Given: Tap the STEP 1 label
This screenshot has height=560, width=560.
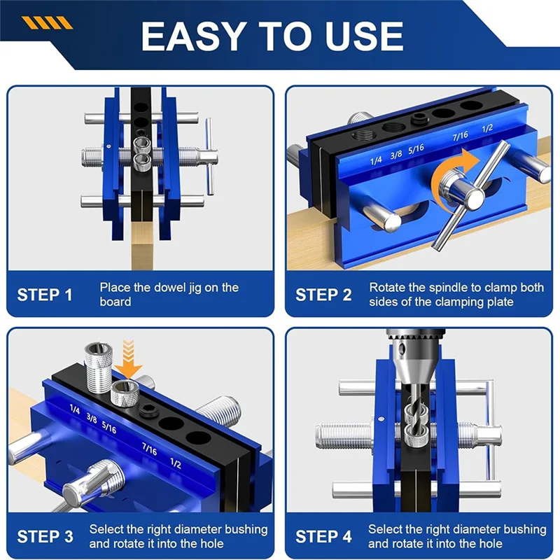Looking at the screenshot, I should (x=45, y=295).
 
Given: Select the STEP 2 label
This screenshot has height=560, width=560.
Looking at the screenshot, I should (x=323, y=295).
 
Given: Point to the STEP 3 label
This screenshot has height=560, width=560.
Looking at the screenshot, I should (x=45, y=537).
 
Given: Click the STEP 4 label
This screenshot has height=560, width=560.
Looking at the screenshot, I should (x=323, y=537).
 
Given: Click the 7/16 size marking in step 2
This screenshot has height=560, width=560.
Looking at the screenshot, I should (x=460, y=136).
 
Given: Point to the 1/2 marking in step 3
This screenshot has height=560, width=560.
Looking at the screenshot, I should (x=176, y=463).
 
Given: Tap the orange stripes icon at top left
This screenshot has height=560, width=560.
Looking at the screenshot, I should (x=47, y=23).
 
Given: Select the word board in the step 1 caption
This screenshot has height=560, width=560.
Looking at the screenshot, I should (x=115, y=302).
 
